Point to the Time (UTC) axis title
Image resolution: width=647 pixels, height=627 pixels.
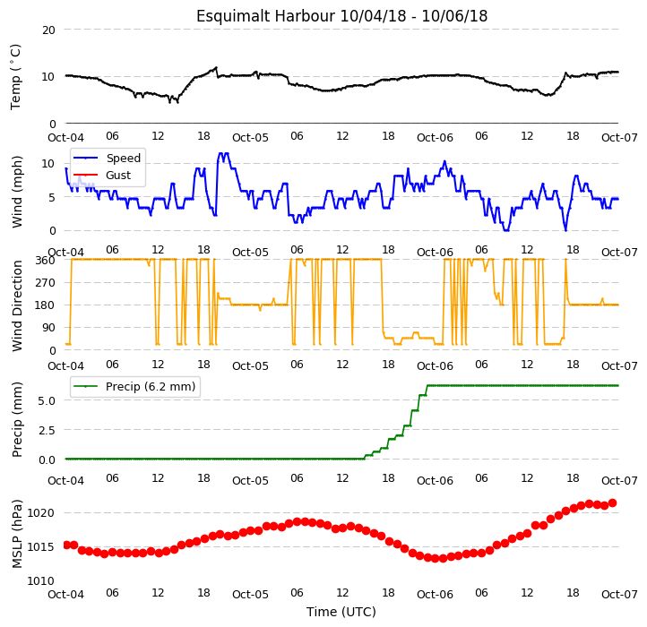(341, 612)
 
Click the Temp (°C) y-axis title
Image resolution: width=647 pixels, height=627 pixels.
(15, 77)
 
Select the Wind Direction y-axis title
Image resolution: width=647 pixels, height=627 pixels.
(16, 305)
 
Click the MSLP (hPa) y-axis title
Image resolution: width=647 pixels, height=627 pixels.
(16, 534)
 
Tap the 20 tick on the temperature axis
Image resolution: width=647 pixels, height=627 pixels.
(48, 30)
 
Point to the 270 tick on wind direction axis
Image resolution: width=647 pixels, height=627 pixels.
(46, 283)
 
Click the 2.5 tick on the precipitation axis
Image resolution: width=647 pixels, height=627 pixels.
(47, 430)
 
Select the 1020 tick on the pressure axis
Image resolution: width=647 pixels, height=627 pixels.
(41, 513)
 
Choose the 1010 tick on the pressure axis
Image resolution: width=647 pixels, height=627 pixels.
(41, 581)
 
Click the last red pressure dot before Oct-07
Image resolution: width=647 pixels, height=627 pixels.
(613, 502)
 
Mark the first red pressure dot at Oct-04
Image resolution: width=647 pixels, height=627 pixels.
(66, 545)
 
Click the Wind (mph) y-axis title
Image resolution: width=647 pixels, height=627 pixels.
(16, 192)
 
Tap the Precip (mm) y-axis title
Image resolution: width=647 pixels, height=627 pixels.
(16, 419)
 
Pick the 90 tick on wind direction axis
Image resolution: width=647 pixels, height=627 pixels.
(48, 328)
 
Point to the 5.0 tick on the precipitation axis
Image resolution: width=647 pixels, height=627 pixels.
(47, 401)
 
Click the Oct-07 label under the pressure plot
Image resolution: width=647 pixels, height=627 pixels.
(619, 595)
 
